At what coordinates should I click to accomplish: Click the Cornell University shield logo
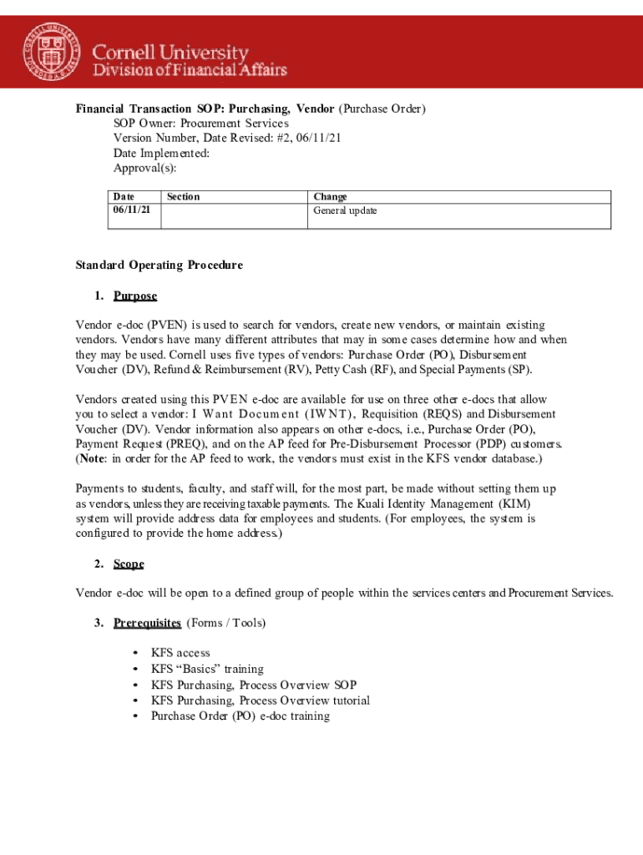click(x=52, y=52)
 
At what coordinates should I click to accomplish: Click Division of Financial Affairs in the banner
click(x=190, y=70)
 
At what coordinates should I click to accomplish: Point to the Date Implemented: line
click(x=161, y=154)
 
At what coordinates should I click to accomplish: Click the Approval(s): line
click(x=144, y=169)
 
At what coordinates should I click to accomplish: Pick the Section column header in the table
click(x=183, y=197)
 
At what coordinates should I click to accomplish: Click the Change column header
click(x=330, y=197)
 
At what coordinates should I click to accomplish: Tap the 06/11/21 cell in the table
click(x=132, y=210)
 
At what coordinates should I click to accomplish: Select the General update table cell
click(x=345, y=210)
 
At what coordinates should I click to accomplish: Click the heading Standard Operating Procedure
click(x=159, y=266)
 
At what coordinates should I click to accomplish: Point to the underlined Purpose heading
click(x=135, y=296)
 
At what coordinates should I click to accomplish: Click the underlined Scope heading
click(x=129, y=564)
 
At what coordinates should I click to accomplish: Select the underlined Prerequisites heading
click(x=147, y=623)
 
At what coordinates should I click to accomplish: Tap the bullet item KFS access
click(x=180, y=653)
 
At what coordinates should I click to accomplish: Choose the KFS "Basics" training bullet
click(x=207, y=669)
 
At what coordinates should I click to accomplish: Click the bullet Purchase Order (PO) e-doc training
click(x=240, y=716)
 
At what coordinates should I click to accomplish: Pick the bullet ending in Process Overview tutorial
click(x=261, y=701)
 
